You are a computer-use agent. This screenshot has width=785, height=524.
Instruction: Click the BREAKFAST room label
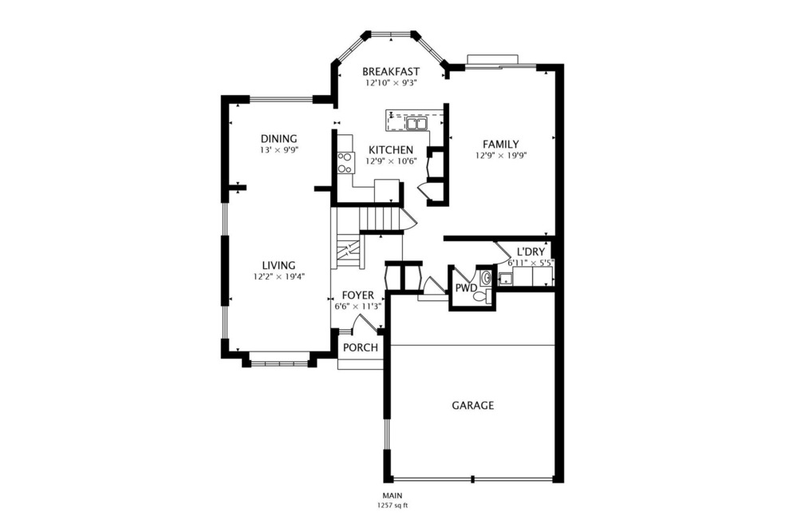[x=390, y=71]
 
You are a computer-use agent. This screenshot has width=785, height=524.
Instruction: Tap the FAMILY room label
[x=501, y=144]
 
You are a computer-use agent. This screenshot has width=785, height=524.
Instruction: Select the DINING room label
[x=278, y=138]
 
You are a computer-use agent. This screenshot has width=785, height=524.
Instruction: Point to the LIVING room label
[x=279, y=265]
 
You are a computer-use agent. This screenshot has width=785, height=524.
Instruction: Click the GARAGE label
[x=472, y=405]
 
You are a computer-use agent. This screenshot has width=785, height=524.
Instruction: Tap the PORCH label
[x=360, y=347]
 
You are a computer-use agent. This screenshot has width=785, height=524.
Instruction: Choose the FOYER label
[x=357, y=295]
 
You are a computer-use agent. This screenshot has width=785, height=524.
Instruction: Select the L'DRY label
[x=531, y=252]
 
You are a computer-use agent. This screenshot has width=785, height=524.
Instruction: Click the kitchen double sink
[x=416, y=124]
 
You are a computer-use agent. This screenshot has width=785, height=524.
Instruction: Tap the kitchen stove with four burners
[x=345, y=163]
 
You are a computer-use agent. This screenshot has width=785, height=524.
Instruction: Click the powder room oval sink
[x=485, y=278]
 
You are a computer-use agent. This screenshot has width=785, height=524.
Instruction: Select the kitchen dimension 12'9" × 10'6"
[x=391, y=161]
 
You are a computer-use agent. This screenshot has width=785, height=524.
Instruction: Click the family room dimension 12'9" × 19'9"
[x=501, y=156]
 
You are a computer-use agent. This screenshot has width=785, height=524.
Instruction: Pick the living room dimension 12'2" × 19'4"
[x=279, y=276]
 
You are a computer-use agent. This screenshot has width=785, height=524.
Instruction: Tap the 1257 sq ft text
[x=392, y=505]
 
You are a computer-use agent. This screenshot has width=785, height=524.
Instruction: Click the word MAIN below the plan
[x=392, y=496]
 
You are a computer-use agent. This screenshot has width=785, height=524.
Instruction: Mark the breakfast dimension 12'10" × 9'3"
[x=391, y=82]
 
